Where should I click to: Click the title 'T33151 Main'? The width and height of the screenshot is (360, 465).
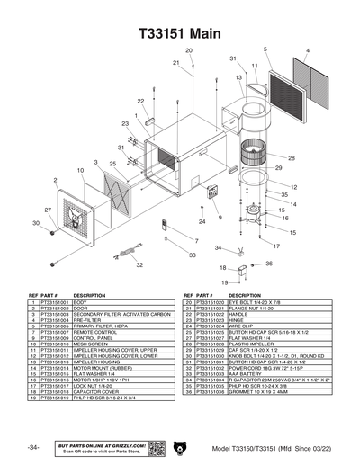(x=180, y=31)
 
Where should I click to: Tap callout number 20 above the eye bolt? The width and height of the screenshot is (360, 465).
(x=189, y=50)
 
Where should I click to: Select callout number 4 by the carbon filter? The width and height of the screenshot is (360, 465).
(x=308, y=50)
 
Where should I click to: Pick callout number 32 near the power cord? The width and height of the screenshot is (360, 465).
(x=139, y=265)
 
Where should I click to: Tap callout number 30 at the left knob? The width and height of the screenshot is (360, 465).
(x=36, y=222)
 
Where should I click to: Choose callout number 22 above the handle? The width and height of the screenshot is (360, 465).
(x=140, y=103)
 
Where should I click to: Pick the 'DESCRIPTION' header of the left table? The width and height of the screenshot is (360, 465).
(x=90, y=295)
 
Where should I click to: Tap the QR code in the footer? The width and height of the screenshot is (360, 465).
(x=154, y=447)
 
